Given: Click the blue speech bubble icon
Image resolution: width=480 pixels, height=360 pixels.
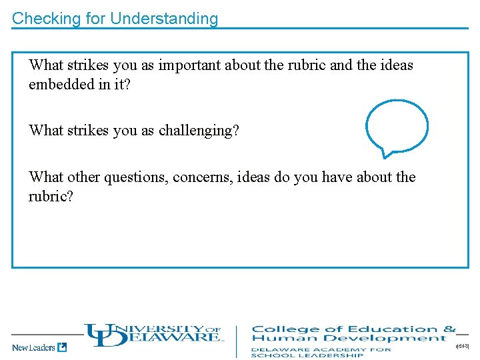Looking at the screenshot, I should pyautogui.click(x=397, y=127).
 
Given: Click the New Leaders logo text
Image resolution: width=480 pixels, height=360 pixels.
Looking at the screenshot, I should pyautogui.click(x=33, y=347).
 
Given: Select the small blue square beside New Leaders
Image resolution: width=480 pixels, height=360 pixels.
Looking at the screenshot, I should pyautogui.click(x=62, y=347).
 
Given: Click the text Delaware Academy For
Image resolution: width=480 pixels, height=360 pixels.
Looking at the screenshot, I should pyautogui.click(x=321, y=349).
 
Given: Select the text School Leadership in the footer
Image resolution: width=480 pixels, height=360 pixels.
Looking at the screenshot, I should pyautogui.click(x=307, y=355).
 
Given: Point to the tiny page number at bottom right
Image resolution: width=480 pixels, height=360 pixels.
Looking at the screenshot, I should pyautogui.click(x=461, y=347).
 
